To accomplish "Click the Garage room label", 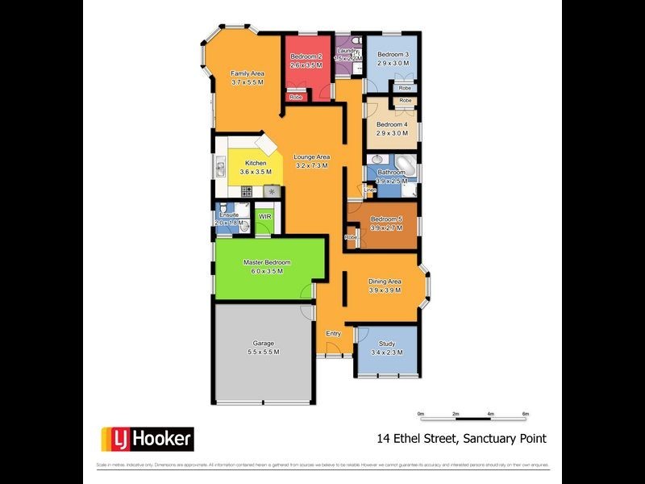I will point(263,343).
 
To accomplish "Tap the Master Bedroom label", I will point(267,262).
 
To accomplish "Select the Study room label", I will point(387,344).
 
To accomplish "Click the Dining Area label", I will point(385,282).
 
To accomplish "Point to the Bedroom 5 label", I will point(385,219).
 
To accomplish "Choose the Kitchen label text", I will point(256,163).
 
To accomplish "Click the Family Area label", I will point(247,73).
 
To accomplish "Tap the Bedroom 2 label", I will point(306,56).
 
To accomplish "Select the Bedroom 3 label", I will point(393,54).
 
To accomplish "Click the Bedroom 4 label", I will point(393,124).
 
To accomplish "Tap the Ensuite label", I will point(229,215).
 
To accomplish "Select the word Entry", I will point(333,333).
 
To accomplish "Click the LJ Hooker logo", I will point(147,439).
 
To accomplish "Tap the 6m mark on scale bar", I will point(526,414).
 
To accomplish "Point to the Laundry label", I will point(348,51).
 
